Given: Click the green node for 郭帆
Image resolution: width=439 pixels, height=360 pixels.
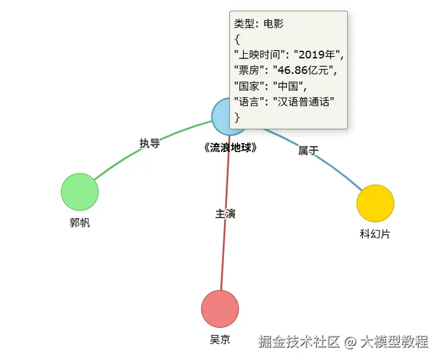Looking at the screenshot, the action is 80,192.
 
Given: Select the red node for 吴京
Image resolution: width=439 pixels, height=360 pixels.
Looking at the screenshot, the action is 220,309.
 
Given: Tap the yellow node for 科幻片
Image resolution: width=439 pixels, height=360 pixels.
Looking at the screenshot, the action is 375,203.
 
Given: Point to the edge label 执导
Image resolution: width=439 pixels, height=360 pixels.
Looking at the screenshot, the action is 150,143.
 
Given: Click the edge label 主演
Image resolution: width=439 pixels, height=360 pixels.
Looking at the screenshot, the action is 225,214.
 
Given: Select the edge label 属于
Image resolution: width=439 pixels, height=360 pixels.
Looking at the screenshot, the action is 308,151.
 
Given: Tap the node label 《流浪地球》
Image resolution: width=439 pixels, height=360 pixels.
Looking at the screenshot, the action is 230,148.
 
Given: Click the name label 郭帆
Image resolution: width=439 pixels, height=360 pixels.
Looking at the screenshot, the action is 80,223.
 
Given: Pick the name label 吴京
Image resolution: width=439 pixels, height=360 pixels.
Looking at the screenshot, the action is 220,340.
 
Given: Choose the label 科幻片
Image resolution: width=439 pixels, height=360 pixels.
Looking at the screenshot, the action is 375,234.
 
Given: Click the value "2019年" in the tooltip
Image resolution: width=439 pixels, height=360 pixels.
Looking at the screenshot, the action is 317,54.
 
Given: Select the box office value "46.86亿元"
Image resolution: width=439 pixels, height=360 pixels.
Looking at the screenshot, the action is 303,70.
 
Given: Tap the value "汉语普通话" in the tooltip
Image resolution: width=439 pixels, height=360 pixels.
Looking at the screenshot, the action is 303,101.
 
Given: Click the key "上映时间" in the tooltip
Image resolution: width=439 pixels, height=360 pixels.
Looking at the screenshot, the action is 260,54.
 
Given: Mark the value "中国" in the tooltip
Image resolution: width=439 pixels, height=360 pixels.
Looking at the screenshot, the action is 288,86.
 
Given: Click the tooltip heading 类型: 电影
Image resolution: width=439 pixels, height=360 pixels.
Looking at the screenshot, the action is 259,23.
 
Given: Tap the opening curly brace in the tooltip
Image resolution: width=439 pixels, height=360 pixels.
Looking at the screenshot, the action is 237,39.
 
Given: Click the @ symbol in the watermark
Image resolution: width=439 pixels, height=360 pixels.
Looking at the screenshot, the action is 350,342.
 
